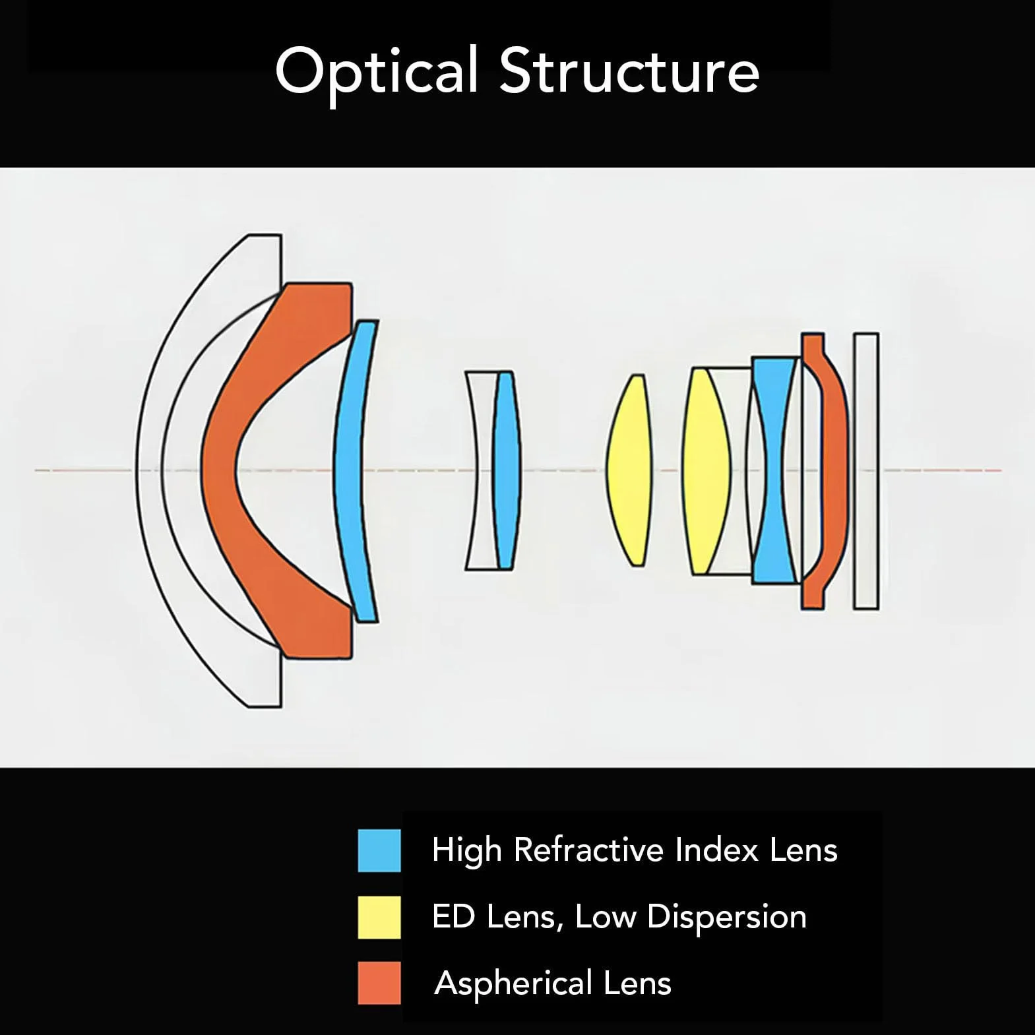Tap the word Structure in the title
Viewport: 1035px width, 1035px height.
(629, 70)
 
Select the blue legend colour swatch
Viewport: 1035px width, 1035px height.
(379, 850)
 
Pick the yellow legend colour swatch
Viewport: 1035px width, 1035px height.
(379, 916)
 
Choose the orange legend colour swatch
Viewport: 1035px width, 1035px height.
(379, 982)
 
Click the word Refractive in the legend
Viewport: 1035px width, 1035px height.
(590, 850)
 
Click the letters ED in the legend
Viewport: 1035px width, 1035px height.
(453, 916)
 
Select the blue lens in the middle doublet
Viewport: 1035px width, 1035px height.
(506, 470)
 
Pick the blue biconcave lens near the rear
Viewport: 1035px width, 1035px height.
(775, 470)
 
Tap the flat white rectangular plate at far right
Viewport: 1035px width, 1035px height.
(866, 470)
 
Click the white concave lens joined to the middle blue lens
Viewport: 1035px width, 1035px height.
(480, 470)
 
